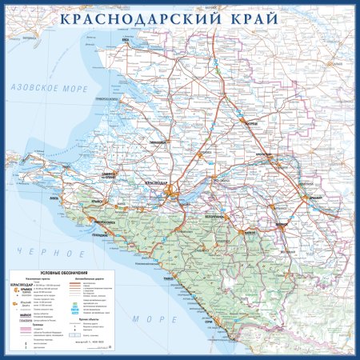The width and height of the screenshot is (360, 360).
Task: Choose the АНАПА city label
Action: (x=54, y=195)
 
